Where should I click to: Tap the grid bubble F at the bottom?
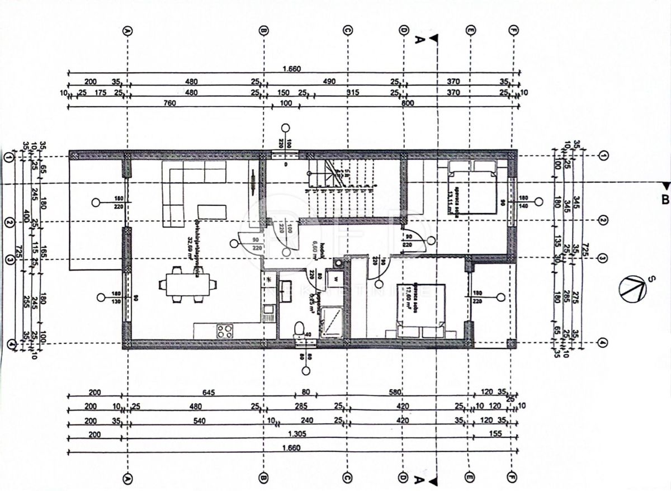pos(513,479)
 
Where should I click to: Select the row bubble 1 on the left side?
pos(8,157)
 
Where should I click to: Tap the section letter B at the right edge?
pos(664,199)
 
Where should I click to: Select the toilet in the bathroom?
pos(300,329)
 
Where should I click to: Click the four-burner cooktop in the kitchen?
pos(225,331)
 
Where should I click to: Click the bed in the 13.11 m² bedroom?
pos(471,186)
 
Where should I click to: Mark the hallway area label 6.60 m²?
pos(315,247)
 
